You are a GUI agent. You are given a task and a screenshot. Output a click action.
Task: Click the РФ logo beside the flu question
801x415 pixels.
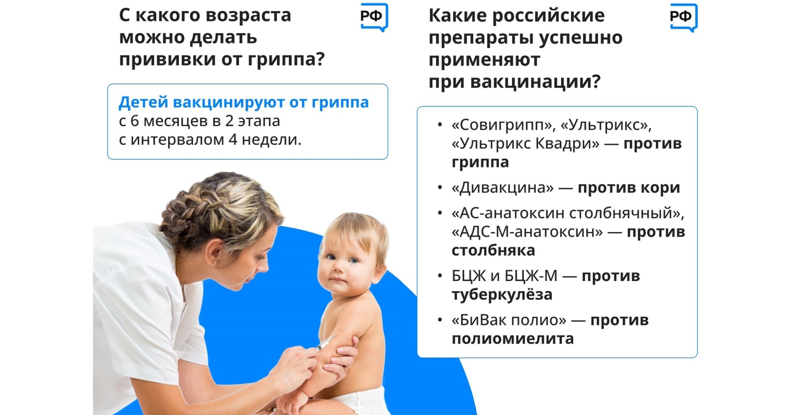(374, 17)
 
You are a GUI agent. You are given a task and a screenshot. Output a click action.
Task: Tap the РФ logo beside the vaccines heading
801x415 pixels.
(684, 17)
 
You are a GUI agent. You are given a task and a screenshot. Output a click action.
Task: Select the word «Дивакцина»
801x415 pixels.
(503, 188)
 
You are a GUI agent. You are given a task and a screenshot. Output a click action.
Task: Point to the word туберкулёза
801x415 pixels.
(502, 295)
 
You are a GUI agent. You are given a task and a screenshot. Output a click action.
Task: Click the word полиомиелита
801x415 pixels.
(513, 339)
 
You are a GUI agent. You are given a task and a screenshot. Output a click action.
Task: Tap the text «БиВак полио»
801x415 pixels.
(509, 320)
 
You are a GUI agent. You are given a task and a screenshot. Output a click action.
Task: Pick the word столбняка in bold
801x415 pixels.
(493, 251)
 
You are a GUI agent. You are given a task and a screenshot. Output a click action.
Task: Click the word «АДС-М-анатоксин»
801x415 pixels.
(527, 232)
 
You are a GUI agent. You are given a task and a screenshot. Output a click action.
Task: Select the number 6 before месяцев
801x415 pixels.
(134, 121)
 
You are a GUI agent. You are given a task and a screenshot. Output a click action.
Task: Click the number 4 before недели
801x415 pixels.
(233, 140)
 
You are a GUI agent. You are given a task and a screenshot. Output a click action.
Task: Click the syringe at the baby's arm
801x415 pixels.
(325, 342)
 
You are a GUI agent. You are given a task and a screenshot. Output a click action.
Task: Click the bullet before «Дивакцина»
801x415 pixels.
(440, 188)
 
